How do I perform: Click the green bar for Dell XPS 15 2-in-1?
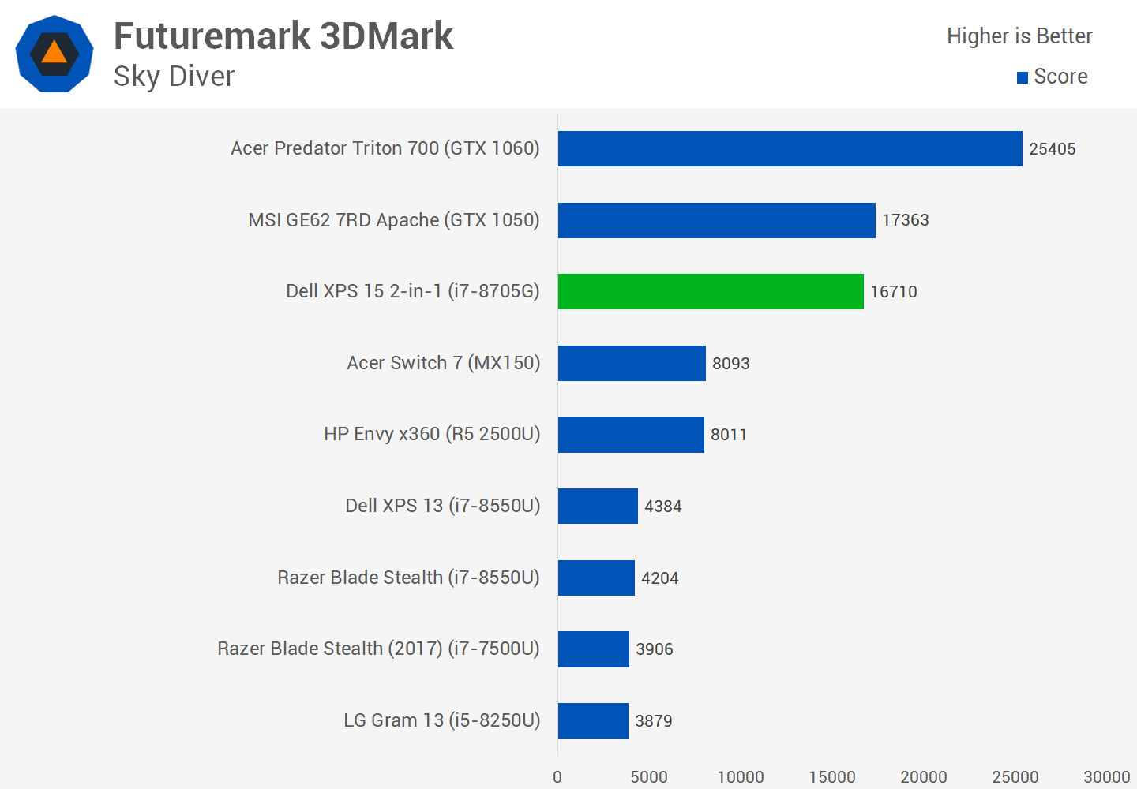point(711,291)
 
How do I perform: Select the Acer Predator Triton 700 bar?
point(790,148)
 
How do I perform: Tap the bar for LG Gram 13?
point(593,720)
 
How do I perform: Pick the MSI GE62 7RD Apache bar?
point(716,220)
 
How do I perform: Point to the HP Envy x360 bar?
point(631,435)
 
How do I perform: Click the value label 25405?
point(1052,149)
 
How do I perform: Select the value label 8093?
point(730,364)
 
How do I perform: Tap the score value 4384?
point(662,507)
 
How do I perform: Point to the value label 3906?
point(654,649)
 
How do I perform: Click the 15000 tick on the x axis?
point(831,777)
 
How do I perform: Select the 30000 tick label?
point(1106,777)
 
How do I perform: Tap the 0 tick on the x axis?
point(557,777)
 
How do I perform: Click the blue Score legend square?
point(1023,77)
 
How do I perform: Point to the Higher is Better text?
point(1019,36)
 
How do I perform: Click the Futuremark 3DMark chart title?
point(283,36)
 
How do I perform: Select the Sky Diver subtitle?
point(174,77)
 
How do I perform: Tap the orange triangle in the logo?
point(54,53)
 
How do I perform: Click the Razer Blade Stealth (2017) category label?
point(378,649)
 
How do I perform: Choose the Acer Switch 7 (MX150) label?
point(443,363)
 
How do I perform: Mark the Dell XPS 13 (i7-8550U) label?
point(442,506)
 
